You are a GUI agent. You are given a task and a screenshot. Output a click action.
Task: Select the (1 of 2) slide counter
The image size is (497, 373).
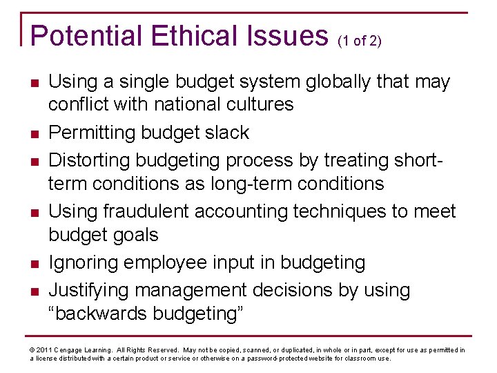click(x=359, y=41)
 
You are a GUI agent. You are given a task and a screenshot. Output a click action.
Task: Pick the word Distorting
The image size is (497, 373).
click(x=90, y=160)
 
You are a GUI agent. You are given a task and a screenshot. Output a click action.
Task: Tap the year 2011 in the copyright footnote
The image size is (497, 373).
click(x=43, y=350)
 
